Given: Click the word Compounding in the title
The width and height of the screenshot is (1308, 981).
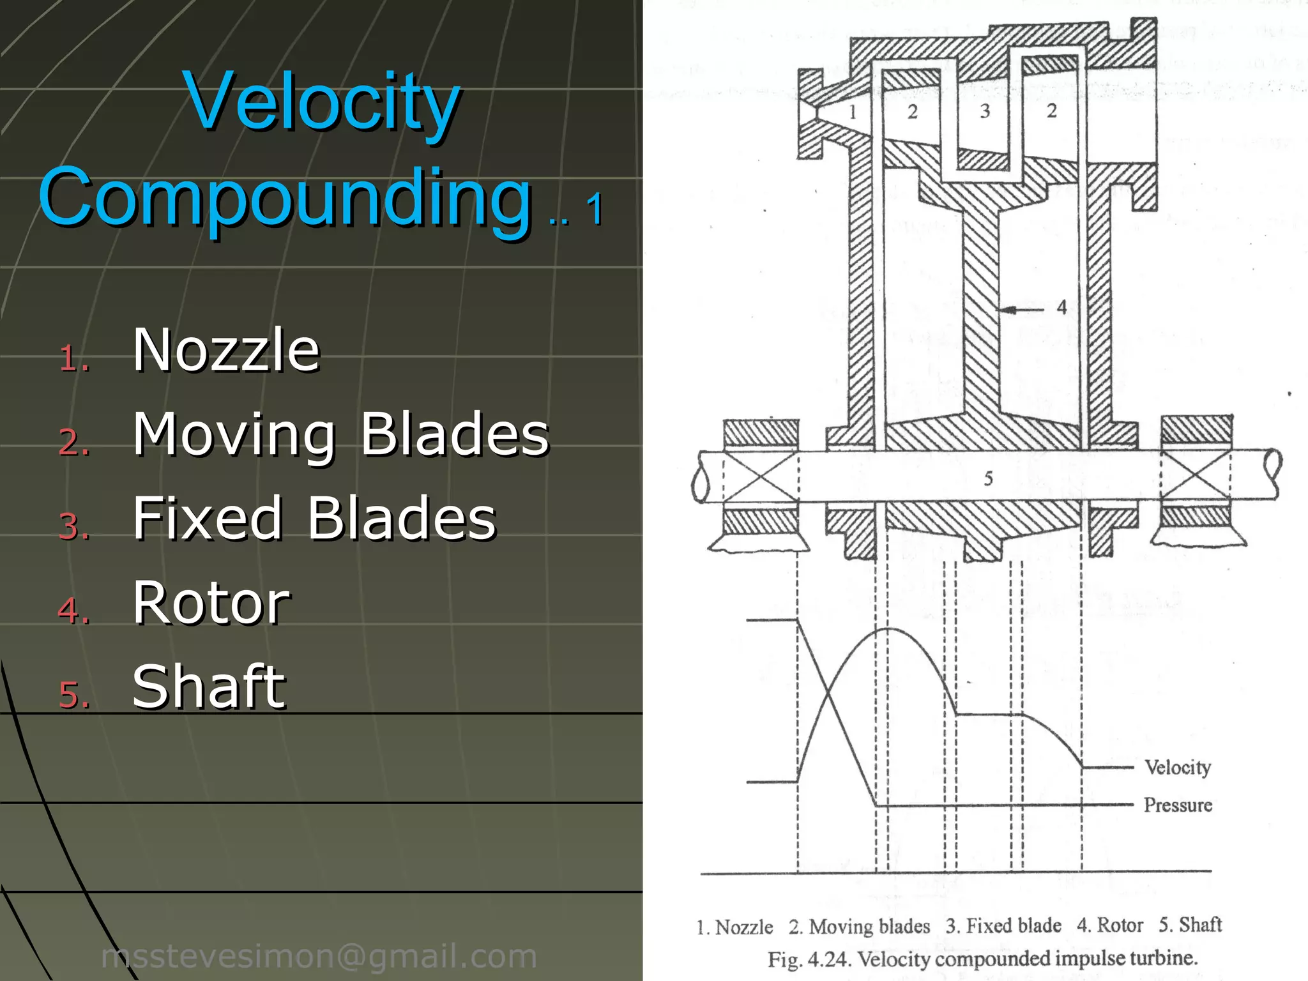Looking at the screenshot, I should pyautogui.click(x=285, y=198).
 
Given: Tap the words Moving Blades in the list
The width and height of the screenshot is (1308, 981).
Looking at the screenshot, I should pyautogui.click(x=340, y=434).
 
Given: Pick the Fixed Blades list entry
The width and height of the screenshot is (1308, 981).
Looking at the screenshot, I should pyautogui.click(x=314, y=518).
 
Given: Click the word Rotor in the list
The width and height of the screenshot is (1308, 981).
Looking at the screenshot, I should pyautogui.click(x=211, y=602).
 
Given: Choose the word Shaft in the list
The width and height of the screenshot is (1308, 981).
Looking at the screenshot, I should pyautogui.click(x=209, y=687).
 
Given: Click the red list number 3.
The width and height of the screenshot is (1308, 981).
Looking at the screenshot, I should pyautogui.click(x=73, y=527).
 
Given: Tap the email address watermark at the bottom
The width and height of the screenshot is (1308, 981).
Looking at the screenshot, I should pyautogui.click(x=319, y=956).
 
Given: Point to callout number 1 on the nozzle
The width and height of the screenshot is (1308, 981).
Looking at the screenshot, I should pyautogui.click(x=853, y=112).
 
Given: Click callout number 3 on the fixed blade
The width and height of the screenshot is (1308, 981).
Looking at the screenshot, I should pyautogui.click(x=985, y=112).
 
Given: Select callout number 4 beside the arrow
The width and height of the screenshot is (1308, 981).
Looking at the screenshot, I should pyautogui.click(x=1061, y=308).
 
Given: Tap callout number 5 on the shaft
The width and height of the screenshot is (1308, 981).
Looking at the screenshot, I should pyautogui.click(x=988, y=478).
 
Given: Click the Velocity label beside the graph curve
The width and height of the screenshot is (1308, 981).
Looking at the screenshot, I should pyautogui.click(x=1177, y=767).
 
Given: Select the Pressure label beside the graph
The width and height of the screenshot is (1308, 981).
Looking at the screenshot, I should pyautogui.click(x=1177, y=805).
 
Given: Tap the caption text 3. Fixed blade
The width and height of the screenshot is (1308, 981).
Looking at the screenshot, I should pyautogui.click(x=1003, y=925).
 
